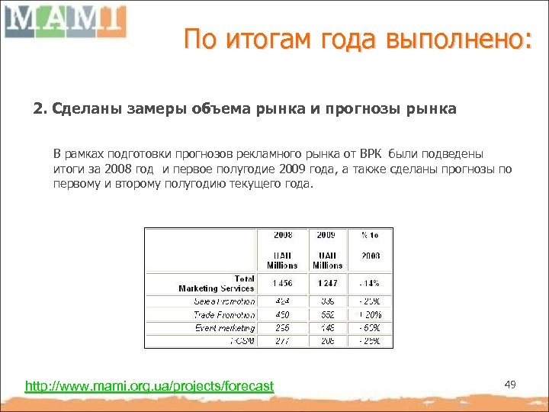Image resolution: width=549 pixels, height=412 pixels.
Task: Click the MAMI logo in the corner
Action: click(64, 21)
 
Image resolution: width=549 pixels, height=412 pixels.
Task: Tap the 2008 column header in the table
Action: click(282, 235)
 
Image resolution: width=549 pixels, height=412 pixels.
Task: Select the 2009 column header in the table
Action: click(326, 235)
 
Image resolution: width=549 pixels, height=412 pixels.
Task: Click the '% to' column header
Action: click(370, 235)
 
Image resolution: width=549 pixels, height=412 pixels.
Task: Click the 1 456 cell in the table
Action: click(282, 284)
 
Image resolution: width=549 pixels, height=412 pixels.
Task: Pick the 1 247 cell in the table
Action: click(326, 284)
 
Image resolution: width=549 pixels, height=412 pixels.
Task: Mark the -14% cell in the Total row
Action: click(370, 284)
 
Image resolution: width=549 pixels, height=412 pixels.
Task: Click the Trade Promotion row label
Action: click(224, 314)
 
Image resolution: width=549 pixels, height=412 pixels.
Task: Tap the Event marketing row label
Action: click(225, 328)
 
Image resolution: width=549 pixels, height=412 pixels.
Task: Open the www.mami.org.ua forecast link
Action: click(149, 386)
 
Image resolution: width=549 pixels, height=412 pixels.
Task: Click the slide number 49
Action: click(510, 385)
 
